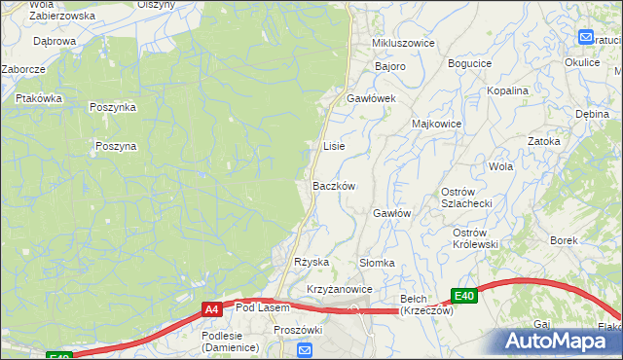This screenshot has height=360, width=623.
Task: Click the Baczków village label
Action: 334,186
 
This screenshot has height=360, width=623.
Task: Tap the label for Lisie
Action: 334,146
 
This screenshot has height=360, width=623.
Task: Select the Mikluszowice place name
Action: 402,44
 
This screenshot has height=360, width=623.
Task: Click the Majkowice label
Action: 436,125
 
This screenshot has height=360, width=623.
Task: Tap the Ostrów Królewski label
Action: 475,238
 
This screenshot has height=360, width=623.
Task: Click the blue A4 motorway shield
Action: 211,309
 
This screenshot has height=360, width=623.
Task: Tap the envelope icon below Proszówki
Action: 306,351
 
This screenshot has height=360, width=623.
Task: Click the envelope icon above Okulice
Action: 586,37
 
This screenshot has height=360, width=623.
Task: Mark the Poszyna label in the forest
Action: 116,146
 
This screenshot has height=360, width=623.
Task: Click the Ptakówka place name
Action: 39,98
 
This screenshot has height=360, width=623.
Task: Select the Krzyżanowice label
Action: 340,290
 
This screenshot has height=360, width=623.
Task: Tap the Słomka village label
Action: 377,263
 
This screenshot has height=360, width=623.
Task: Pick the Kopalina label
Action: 509,90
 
